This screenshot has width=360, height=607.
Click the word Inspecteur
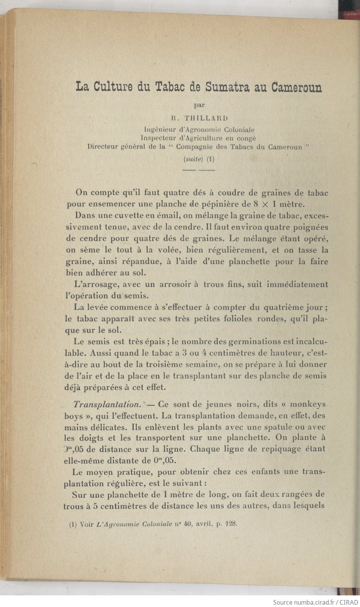pos(159,138)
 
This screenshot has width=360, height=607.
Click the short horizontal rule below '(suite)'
pos(198,170)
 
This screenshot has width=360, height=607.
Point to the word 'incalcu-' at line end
pos(312,342)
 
